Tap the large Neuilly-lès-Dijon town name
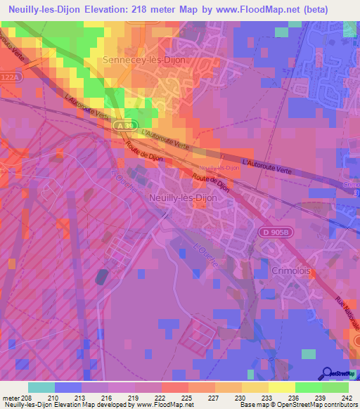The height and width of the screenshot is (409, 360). coord(183,198)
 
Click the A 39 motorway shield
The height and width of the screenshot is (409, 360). coord(124,124)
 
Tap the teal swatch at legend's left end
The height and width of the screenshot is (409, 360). coord(41,387)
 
